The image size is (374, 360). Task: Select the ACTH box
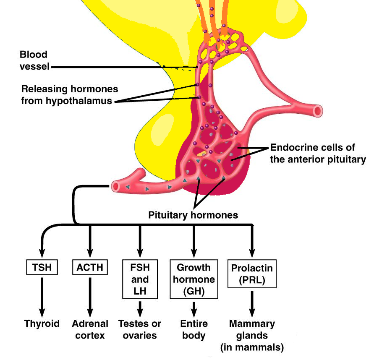[90, 267]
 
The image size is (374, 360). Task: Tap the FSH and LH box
[140, 279]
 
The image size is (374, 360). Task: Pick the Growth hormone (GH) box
[194, 279]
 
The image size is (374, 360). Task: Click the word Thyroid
[42, 323]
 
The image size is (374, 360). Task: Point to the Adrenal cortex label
[90, 329]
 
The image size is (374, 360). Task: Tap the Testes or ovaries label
[140, 329]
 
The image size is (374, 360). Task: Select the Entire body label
[193, 329]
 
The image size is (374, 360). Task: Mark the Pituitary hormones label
[193, 215]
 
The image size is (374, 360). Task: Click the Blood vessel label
[34, 60]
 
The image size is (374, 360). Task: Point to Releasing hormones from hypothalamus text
[70, 95]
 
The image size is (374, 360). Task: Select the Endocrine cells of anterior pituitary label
[319, 154]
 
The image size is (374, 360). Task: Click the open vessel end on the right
[319, 111]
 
